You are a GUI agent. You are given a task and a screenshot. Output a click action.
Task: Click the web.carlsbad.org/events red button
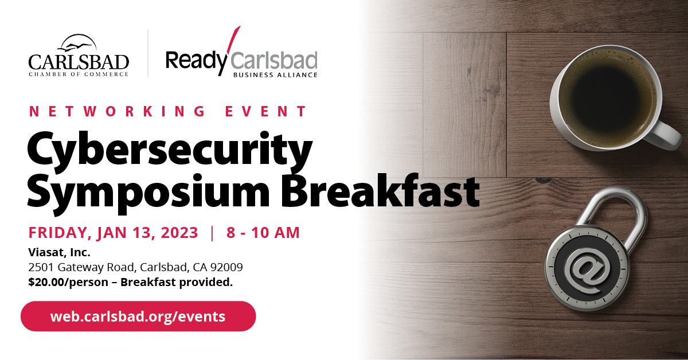138,316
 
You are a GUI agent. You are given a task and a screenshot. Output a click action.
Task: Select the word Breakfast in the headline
380,190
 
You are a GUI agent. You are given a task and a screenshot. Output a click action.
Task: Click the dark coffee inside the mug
607,97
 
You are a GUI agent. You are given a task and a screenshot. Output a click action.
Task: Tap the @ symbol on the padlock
587,271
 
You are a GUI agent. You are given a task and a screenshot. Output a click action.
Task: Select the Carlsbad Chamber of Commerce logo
79,55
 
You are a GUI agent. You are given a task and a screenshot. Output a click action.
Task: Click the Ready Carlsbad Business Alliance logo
241,52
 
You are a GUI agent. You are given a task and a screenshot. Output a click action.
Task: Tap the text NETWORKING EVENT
167,111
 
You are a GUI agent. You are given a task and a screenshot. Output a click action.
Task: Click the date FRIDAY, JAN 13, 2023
113,233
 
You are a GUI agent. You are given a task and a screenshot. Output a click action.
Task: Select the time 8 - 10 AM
263,233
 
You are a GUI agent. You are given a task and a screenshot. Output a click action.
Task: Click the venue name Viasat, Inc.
59,252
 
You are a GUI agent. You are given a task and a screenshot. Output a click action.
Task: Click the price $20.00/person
68,282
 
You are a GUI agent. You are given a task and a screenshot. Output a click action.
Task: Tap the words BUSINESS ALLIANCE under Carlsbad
275,75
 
